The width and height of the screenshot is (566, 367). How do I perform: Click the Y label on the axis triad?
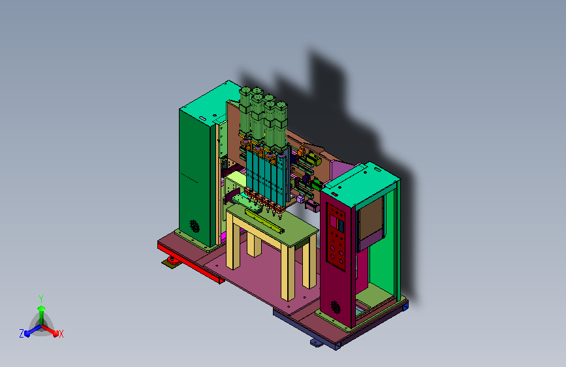41,298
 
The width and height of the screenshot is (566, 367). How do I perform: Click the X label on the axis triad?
61,334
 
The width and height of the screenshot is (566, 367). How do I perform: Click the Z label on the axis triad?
22,334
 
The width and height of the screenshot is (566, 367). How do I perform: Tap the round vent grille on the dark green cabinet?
195,226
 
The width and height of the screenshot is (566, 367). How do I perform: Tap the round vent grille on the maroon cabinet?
336,307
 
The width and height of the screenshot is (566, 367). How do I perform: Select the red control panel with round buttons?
336,237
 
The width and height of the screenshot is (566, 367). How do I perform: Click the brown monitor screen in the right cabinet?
371,219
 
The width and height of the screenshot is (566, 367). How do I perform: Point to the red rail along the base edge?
190,263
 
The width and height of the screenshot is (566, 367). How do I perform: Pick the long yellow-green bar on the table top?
264,220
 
